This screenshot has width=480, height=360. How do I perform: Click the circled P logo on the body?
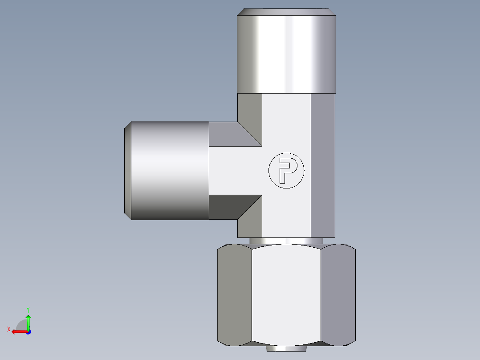click(286, 171)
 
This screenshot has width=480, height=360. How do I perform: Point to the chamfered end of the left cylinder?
click(127, 171)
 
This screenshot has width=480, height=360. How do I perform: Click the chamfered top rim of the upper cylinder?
click(286, 12)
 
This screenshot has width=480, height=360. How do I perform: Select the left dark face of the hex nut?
click(234, 294)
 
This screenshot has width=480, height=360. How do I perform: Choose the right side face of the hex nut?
click(338, 294)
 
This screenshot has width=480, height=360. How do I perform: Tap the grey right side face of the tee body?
click(323, 165)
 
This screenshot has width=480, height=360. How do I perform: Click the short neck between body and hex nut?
click(286, 241)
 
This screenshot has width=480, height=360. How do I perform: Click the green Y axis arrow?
click(28, 321)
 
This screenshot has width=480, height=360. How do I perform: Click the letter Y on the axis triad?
click(28, 309)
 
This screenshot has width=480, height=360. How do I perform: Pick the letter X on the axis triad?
click(8, 329)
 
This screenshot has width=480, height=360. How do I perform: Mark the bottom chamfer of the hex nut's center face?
click(286, 343)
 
